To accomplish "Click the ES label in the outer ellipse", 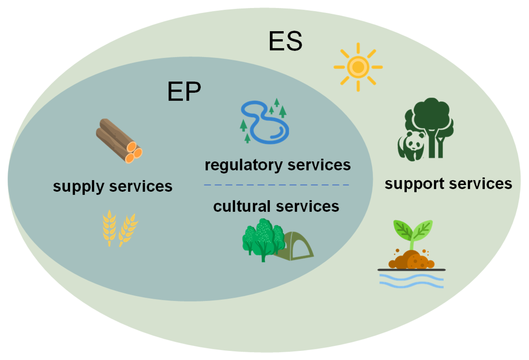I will click(285, 41).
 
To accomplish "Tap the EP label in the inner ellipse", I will click(184, 92).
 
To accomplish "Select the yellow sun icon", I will click(358, 67).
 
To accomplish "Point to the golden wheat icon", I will click(120, 228).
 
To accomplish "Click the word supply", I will click(79, 187).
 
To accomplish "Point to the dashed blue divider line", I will click(277, 185).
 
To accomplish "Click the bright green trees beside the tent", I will click(262, 239).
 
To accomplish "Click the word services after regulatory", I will click(319, 165).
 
